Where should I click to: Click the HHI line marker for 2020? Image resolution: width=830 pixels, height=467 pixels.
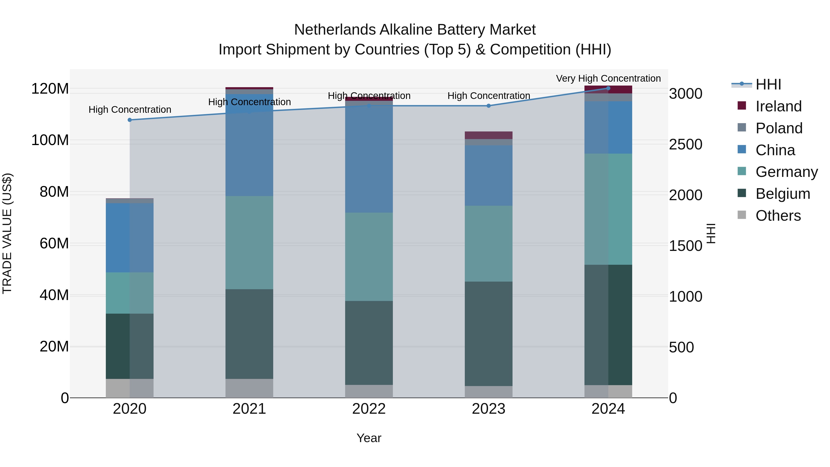tap(130, 120)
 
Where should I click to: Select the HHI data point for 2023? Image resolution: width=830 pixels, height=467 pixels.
tap(489, 106)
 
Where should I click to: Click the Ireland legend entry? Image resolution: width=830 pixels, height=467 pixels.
tap(778, 106)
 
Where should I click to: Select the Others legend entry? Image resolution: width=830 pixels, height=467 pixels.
tap(778, 216)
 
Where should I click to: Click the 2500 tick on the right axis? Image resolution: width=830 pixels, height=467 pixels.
tap(686, 144)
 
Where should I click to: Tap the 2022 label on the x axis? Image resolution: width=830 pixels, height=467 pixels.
tap(369, 409)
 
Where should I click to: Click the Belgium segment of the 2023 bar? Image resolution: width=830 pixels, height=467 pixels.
tap(489, 333)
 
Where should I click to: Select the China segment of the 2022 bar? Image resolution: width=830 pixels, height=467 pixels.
tap(369, 157)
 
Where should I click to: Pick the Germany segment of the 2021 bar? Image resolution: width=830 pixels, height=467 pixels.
tap(249, 242)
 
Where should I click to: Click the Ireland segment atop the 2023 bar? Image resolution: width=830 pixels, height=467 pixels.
tap(489, 135)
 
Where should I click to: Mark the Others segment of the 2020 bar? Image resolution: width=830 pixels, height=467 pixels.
tap(130, 388)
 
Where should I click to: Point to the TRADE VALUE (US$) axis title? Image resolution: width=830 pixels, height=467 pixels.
tap(7, 233)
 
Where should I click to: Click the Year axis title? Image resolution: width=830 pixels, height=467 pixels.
tap(369, 438)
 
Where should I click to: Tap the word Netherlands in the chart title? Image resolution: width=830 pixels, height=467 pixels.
tap(335, 30)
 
